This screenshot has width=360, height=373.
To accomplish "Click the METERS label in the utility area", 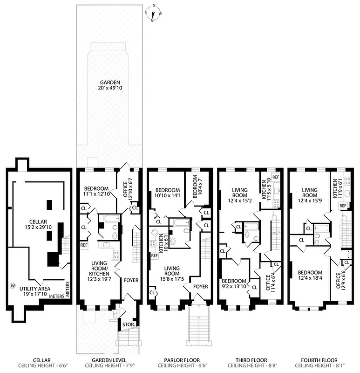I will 68,290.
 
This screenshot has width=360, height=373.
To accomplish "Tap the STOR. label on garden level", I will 129,324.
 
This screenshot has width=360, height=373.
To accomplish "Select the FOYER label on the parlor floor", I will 201,286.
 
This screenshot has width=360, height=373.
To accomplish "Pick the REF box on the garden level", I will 84,244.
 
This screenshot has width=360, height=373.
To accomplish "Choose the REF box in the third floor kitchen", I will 275,177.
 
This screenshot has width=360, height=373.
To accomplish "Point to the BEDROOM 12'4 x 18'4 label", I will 310,276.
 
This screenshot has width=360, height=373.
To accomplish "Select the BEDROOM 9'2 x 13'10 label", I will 234,284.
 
